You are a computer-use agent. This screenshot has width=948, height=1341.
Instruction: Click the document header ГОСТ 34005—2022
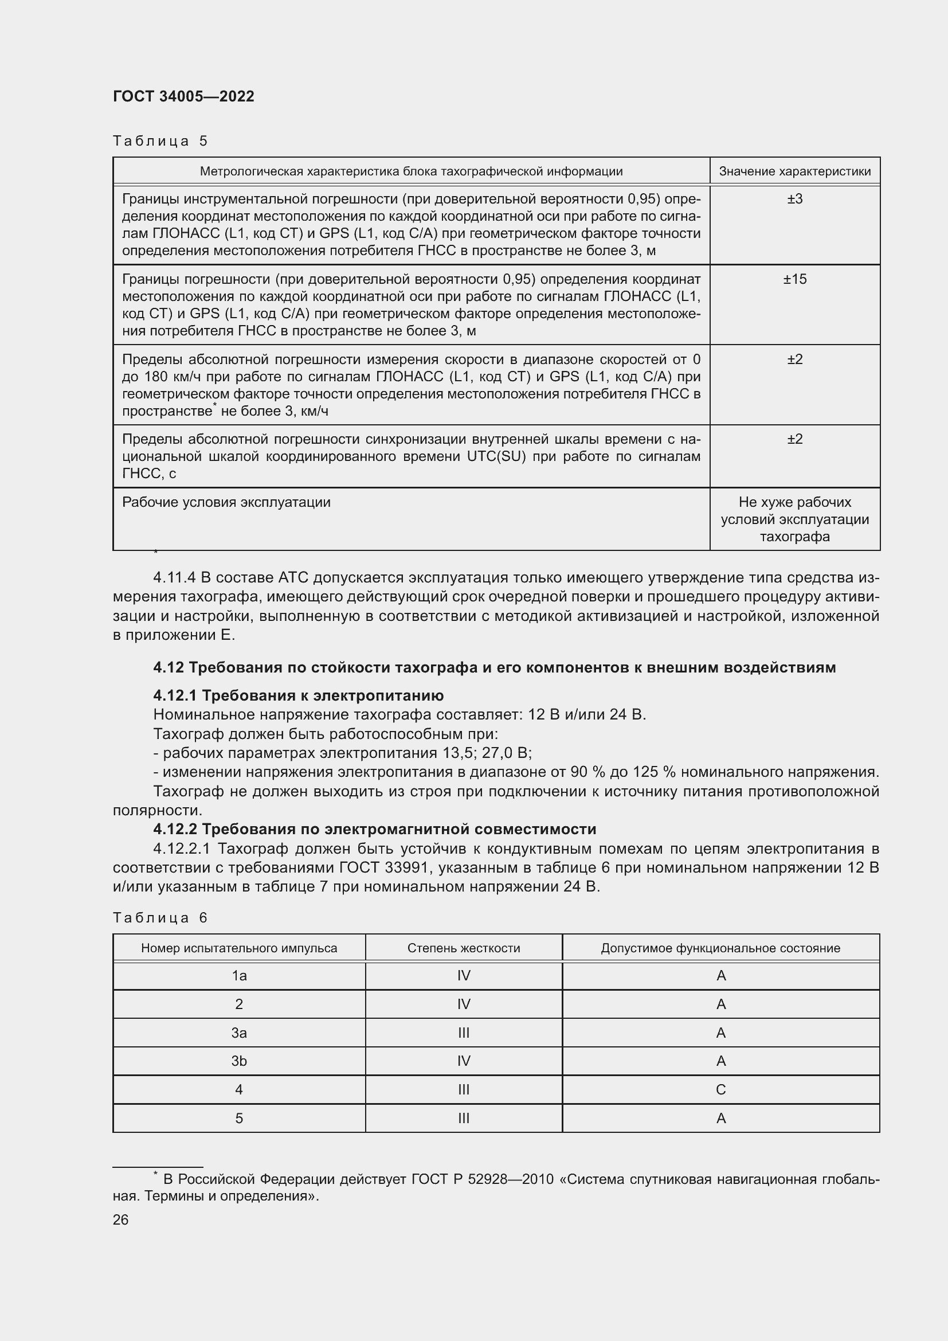point(183,96)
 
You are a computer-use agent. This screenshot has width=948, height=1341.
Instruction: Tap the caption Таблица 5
point(160,141)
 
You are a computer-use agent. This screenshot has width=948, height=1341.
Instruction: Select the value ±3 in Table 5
point(794,199)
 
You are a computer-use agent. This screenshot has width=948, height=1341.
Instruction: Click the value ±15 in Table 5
point(794,279)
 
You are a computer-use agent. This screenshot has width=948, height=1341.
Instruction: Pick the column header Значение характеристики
point(794,171)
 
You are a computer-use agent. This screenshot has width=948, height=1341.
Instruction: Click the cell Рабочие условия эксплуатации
point(226,502)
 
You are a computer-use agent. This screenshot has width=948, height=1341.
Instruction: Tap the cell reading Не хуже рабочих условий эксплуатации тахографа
point(794,519)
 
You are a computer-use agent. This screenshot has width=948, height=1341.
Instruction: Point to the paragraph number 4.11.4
point(174,578)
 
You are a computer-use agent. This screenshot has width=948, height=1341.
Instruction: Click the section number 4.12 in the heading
point(168,667)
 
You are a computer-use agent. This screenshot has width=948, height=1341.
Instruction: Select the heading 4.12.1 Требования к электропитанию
point(298,695)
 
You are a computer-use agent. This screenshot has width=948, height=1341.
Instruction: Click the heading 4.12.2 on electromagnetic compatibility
point(374,830)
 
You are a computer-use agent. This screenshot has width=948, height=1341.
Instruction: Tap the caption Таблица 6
point(160,917)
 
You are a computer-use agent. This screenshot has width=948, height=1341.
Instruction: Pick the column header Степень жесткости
point(464,948)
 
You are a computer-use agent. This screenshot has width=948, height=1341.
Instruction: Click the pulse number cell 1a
point(239,976)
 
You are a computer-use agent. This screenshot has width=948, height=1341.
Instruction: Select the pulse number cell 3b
point(239,1061)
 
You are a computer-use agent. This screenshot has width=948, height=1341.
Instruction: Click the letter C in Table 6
point(720,1090)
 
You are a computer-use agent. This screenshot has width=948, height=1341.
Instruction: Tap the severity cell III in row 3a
point(464,1033)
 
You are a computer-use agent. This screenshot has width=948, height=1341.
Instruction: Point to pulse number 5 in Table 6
point(239,1119)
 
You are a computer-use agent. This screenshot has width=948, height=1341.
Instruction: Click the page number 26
point(120,1220)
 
